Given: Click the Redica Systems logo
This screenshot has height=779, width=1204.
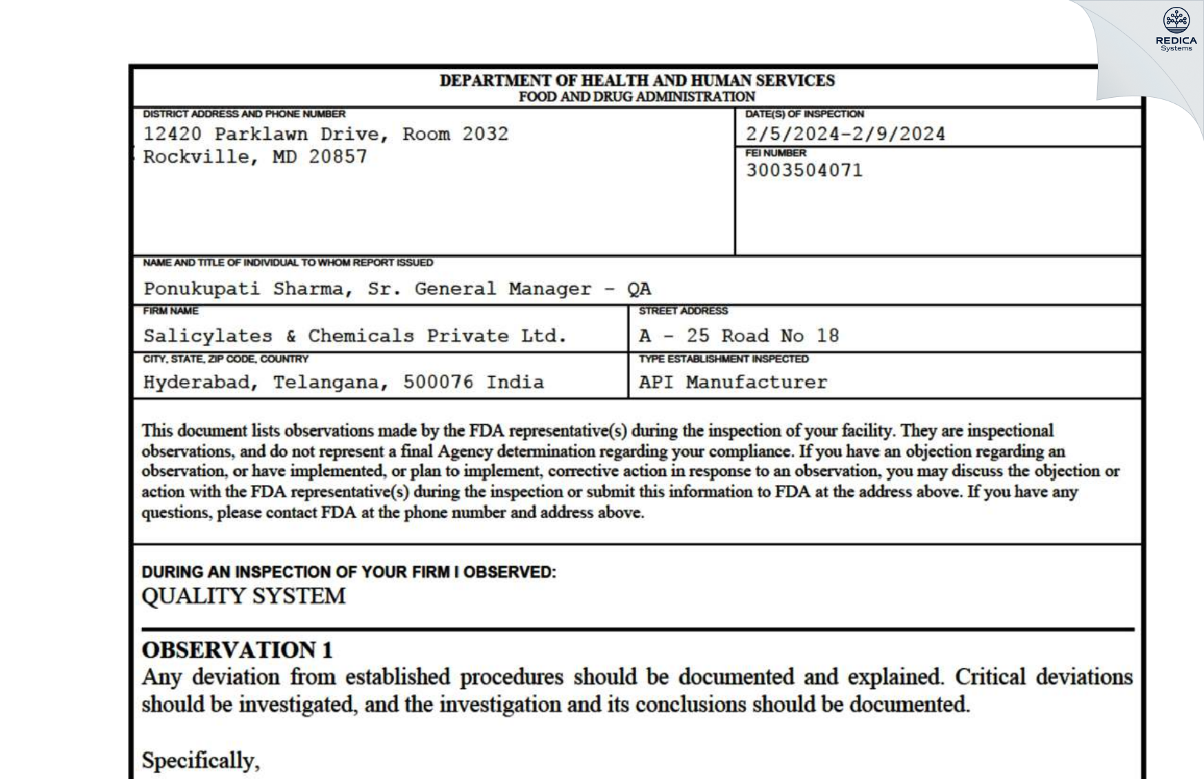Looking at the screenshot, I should click(1176, 29).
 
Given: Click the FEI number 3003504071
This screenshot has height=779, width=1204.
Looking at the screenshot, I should click(804, 171).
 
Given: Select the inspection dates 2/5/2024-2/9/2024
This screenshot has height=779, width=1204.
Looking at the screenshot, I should click(845, 134).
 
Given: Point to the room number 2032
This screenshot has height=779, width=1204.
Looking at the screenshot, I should click(485, 134).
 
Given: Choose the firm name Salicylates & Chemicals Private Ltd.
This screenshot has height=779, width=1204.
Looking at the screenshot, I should click(355, 336).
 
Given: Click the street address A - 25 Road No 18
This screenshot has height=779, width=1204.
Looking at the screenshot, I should click(739, 336).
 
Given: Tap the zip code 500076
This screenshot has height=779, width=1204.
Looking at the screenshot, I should click(438, 382).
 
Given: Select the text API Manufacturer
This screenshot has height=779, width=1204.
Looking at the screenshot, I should click(732, 382).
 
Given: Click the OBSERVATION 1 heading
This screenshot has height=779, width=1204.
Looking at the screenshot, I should click(237, 650).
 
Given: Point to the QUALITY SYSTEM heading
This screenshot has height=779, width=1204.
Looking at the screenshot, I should click(244, 596).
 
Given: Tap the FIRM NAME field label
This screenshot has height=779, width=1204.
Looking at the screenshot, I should click(171, 311).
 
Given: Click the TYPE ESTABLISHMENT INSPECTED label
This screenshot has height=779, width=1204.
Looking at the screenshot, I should click(724, 359).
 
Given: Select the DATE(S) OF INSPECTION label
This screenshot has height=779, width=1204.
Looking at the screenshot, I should click(804, 114).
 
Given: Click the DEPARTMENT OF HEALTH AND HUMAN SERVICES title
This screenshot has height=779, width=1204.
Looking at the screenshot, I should click(637, 81).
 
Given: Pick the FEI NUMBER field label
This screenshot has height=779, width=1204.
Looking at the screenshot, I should click(776, 153).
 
